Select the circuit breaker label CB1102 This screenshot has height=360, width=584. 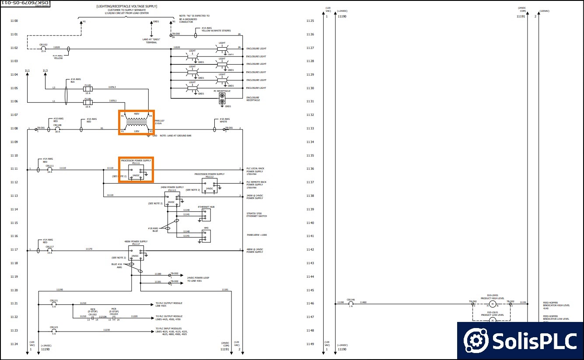(43, 45)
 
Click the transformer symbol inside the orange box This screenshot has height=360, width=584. (136, 123)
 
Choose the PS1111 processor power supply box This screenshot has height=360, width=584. (136, 172)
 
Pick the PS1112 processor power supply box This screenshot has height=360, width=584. (210, 185)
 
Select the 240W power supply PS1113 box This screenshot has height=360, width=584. (172, 199)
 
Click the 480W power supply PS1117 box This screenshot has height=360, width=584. (136, 253)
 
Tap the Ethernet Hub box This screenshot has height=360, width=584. (206, 215)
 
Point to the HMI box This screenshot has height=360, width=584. (206, 236)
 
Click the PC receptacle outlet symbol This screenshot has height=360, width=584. (222, 98)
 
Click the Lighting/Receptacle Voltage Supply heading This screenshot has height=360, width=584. (126, 7)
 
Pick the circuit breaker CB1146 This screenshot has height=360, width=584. (350, 303)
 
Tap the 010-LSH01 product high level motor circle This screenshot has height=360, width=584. (492, 304)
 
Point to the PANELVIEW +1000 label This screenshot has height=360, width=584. (257, 235)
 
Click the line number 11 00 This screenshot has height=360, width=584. (14, 21)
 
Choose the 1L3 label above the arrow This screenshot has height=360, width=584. (45, 71)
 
